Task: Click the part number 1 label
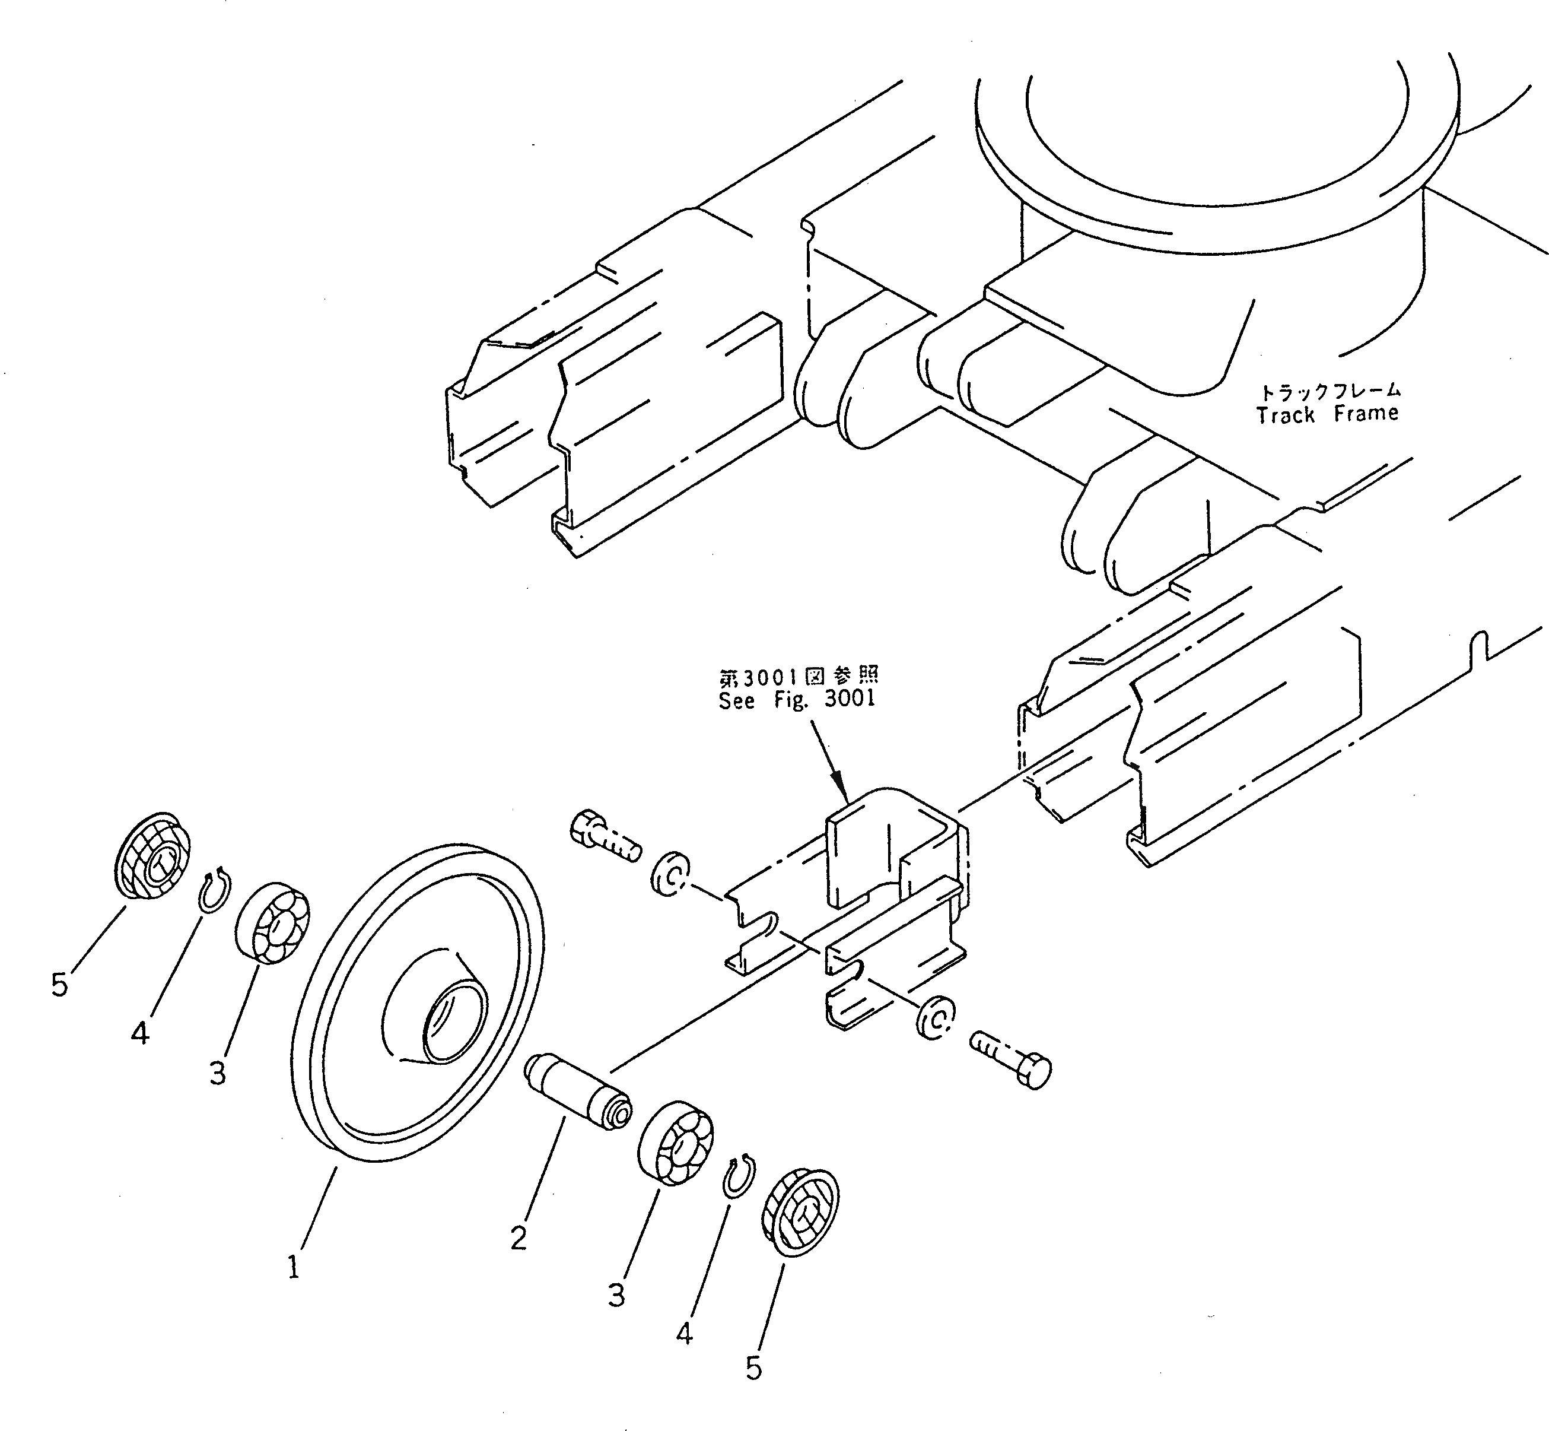coord(294,1268)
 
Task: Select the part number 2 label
coord(519,1238)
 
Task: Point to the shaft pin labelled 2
coord(578,1093)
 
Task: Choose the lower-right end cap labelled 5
coord(800,1213)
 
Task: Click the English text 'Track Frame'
coord(1327,415)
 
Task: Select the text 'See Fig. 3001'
coord(797,699)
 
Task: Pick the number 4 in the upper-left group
coord(140,1032)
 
